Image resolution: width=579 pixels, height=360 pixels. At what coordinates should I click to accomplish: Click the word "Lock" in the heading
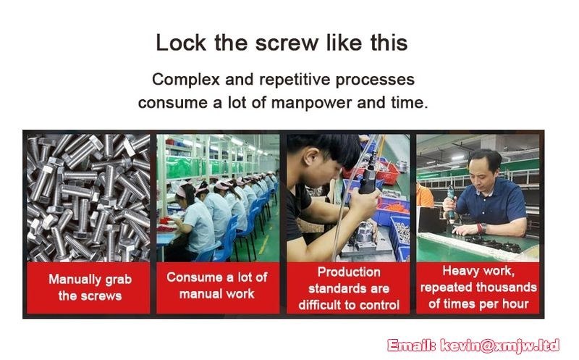coord(181,43)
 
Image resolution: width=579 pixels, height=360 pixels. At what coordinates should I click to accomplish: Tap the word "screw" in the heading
coord(287,43)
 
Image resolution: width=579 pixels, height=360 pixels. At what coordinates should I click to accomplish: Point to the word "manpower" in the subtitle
coord(311,103)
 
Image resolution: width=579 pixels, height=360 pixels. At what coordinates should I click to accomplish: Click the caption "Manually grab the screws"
coord(90,288)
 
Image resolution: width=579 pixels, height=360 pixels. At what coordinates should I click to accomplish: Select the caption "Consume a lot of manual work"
coord(216,285)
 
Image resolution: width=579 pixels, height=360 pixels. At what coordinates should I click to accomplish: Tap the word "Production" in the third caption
coord(349,272)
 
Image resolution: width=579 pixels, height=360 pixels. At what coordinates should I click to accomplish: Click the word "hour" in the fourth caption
coord(515,304)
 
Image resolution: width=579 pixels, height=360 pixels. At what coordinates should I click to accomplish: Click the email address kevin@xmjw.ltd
coord(500,346)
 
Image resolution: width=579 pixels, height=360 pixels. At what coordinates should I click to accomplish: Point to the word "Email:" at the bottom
coord(413,346)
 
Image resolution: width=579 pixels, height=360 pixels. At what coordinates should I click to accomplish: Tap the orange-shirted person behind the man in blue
coord(424,194)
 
